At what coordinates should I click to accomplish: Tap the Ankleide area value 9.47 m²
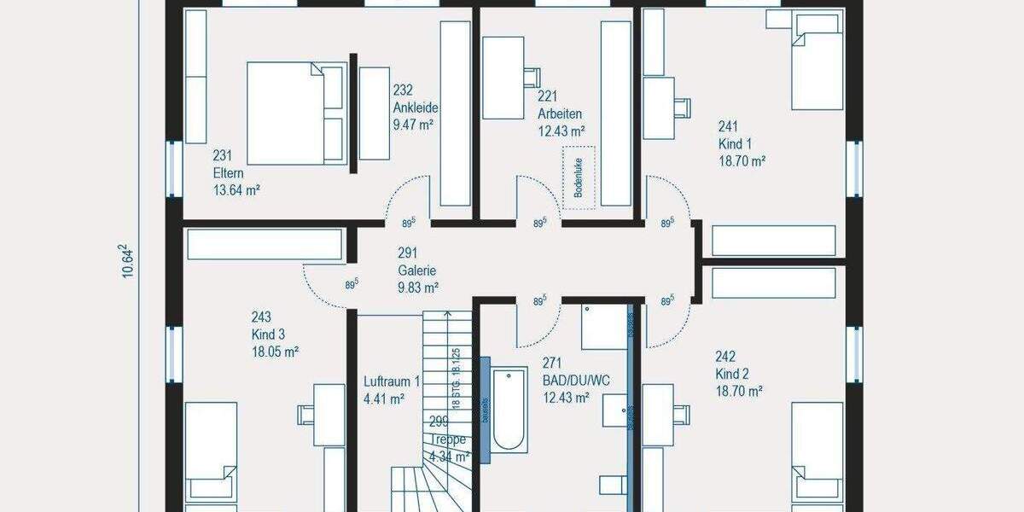(x=414, y=125)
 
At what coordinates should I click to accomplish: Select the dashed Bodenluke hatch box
(x=578, y=177)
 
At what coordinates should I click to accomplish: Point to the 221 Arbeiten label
(x=560, y=113)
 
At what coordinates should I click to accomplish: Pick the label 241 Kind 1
(x=740, y=143)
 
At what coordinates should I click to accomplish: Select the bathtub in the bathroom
(x=509, y=409)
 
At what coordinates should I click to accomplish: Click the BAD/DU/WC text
(x=577, y=381)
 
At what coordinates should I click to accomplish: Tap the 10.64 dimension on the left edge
(x=128, y=260)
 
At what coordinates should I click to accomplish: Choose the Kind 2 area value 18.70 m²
(x=739, y=391)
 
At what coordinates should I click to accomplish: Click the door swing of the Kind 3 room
(x=329, y=286)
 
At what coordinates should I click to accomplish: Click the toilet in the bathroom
(x=613, y=484)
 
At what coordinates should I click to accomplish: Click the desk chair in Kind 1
(x=681, y=106)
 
